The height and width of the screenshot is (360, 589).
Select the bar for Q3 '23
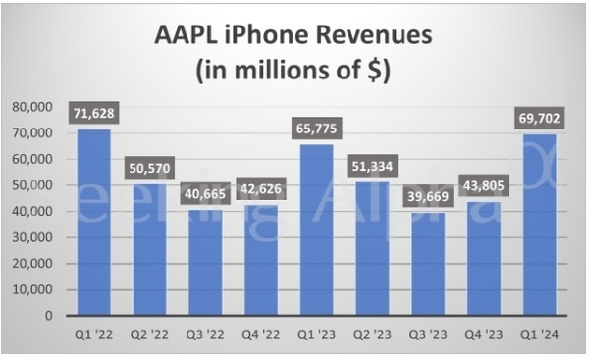[x=429, y=265]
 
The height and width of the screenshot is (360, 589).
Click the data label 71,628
[x=93, y=115]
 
